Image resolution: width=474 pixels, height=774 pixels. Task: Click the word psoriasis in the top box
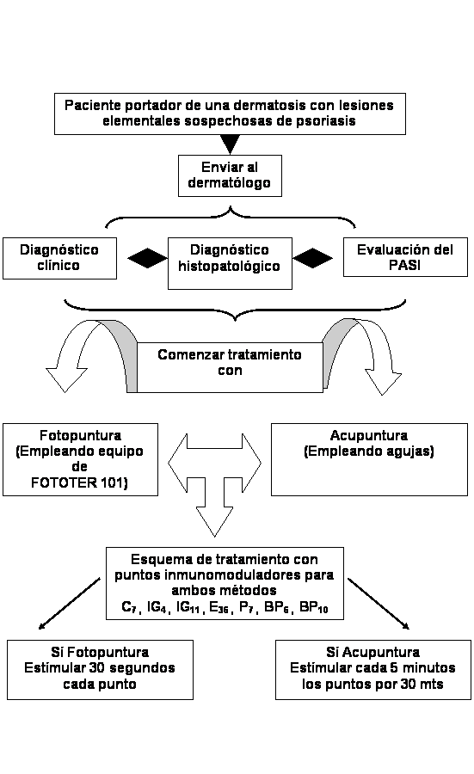[x=325, y=121]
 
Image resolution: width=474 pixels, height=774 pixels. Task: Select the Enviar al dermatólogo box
[x=230, y=175]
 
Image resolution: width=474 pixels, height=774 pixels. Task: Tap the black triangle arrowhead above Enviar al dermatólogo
[x=230, y=144]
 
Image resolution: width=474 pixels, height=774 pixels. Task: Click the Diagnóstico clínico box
[x=59, y=258]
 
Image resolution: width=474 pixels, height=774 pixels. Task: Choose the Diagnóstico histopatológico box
[x=230, y=263]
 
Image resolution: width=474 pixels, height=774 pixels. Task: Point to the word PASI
[x=404, y=266]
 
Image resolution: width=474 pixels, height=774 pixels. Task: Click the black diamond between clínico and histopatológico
[x=147, y=258]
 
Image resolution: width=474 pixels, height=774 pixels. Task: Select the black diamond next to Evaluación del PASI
[x=312, y=258]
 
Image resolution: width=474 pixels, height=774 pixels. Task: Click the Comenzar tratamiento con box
[x=230, y=367]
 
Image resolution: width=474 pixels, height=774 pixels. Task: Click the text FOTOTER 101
[x=79, y=482]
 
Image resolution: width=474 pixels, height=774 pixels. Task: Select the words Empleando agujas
[x=369, y=451]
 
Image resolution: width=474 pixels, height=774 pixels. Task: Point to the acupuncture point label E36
[x=219, y=607]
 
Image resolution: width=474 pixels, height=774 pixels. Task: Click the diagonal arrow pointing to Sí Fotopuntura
[x=69, y=604]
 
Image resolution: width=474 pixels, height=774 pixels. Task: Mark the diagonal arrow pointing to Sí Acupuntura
[x=379, y=604]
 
